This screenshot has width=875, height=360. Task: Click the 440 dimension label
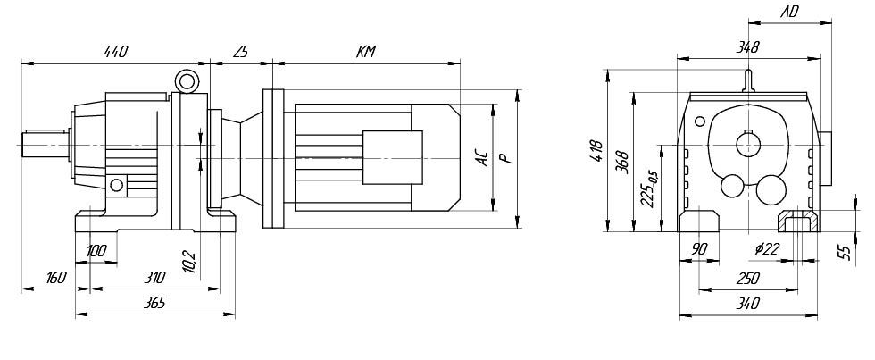[x=116, y=53]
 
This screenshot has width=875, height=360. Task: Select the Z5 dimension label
[x=240, y=53]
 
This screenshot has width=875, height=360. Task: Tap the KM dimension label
[x=366, y=53]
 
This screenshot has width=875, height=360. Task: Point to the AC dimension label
[x=481, y=158]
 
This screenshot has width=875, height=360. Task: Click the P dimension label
[x=505, y=158]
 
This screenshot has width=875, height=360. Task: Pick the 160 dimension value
[x=56, y=278]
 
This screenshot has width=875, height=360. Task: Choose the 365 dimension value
[x=154, y=304]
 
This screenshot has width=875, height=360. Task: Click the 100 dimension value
[x=96, y=251]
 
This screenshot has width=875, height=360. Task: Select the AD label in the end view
[x=788, y=13]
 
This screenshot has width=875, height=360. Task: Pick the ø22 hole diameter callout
[x=766, y=249]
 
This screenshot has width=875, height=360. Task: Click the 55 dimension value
[x=845, y=252]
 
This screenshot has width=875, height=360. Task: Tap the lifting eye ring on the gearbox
[x=187, y=82]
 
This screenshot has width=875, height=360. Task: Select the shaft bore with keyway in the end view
[x=747, y=141]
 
